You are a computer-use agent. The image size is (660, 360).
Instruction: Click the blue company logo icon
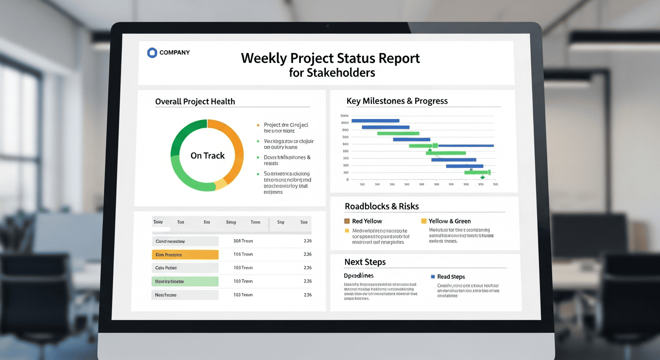[x=152, y=52]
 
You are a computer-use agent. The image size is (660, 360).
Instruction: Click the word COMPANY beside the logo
[x=174, y=52]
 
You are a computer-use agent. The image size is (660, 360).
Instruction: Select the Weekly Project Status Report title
[x=330, y=59]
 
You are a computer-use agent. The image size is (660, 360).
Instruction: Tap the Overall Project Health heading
[x=195, y=101]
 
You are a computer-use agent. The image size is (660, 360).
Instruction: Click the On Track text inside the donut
[x=208, y=156]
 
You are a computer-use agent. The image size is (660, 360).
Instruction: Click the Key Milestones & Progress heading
[x=397, y=101]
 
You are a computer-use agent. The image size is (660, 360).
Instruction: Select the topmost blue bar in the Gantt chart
[x=375, y=120]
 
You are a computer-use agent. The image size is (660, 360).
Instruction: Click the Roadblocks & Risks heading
[x=382, y=206]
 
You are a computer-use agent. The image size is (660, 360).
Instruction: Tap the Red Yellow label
[x=367, y=221]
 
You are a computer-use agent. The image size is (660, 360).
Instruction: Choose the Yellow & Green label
[x=450, y=221]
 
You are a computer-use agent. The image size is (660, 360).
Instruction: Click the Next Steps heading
[x=365, y=262]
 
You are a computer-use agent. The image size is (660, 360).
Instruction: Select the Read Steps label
[x=451, y=277]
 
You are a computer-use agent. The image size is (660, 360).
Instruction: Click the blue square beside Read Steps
[x=432, y=277]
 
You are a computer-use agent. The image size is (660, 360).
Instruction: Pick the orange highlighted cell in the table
[x=185, y=255]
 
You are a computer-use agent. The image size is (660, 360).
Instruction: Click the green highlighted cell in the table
[x=185, y=281]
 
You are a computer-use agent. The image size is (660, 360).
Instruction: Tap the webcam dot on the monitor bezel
[x=327, y=25]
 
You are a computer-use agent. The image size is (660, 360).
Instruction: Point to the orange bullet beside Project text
[x=258, y=125]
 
